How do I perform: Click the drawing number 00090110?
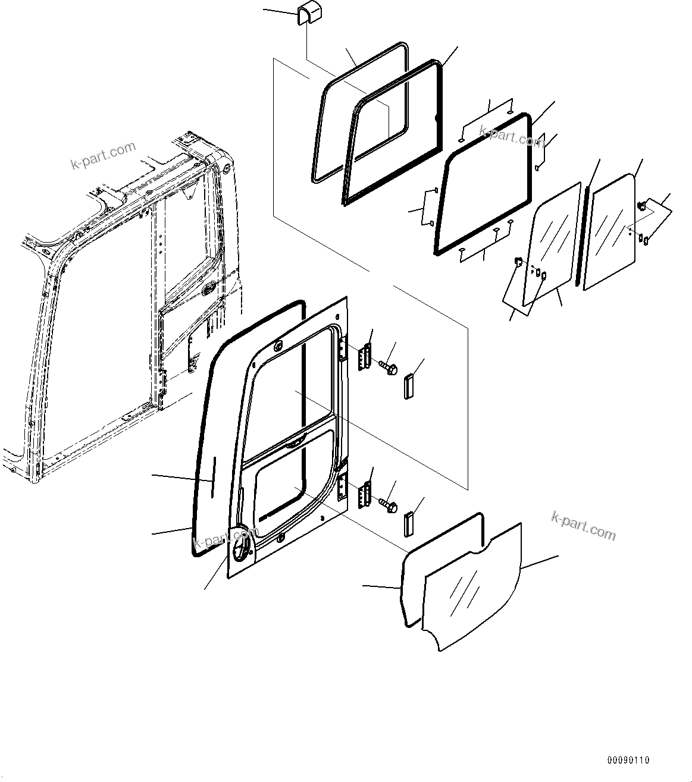click(x=628, y=760)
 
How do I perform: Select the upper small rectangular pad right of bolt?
click(x=409, y=387)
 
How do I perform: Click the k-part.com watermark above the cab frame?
click(x=104, y=155)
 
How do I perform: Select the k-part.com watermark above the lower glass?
click(x=583, y=525)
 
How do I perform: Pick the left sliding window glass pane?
click(x=552, y=244)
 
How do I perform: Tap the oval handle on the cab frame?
click(x=209, y=290)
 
